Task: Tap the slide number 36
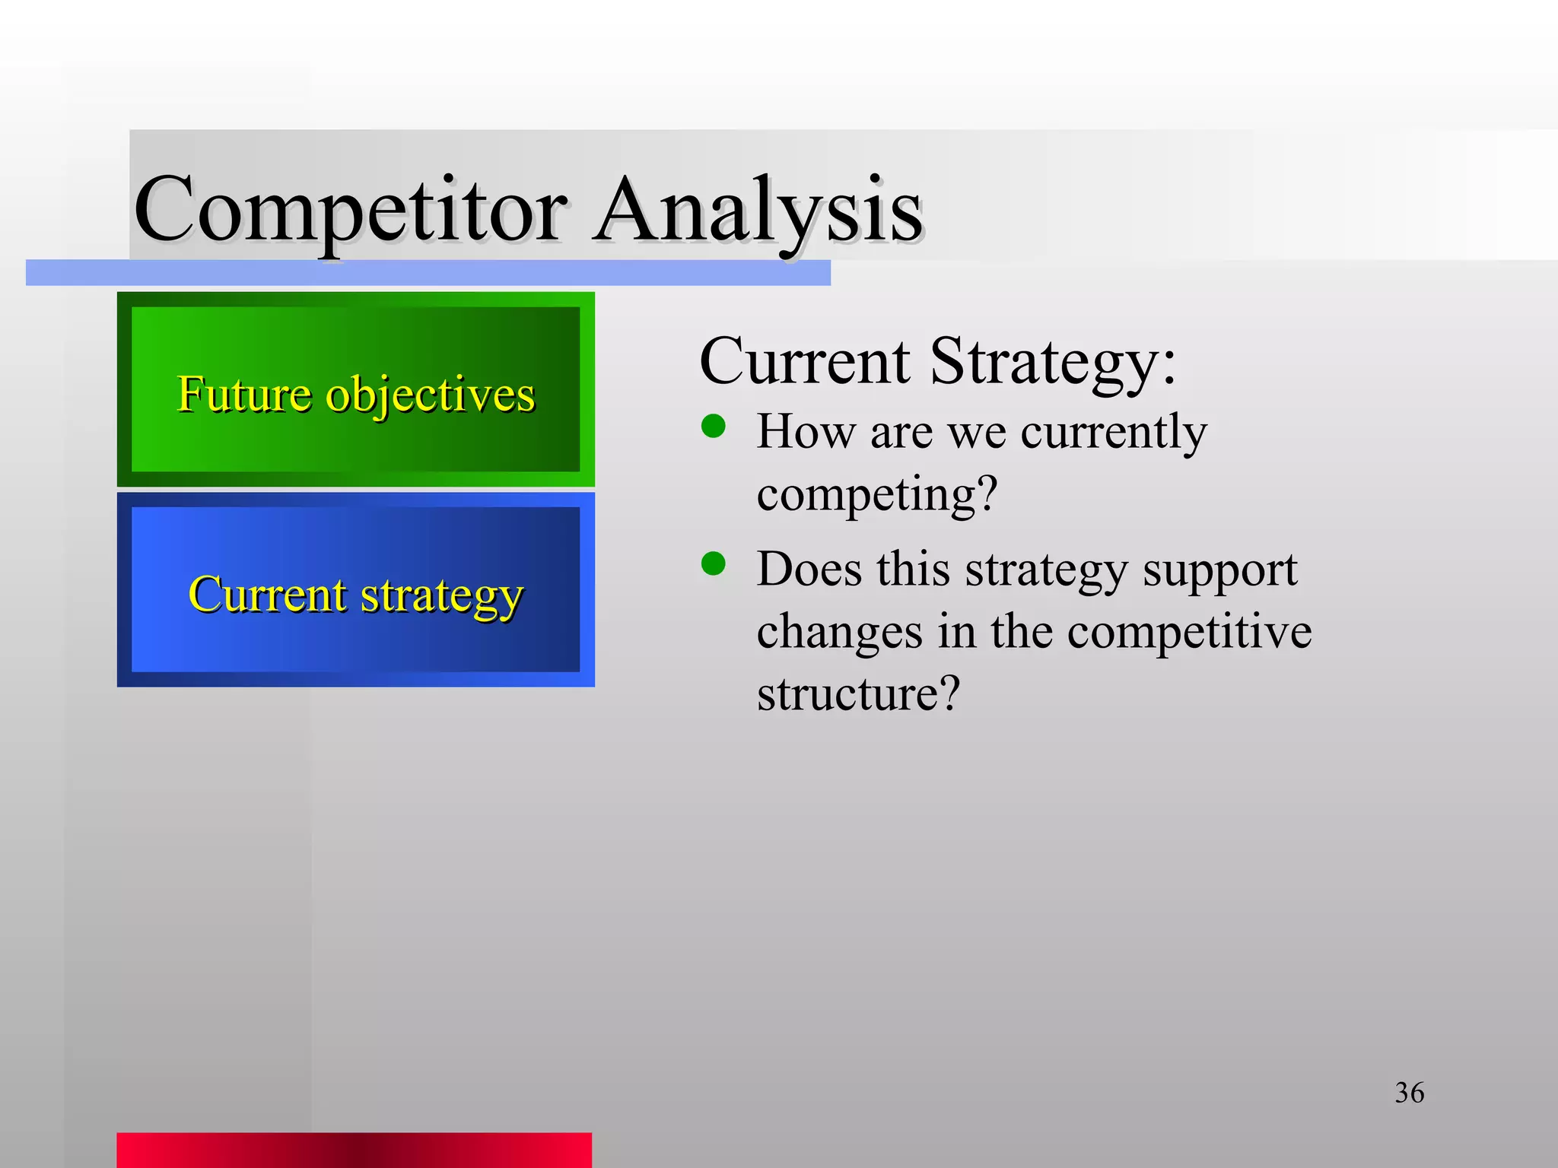pyautogui.click(x=1409, y=1093)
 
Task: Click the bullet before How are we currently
pyautogui.click(x=713, y=426)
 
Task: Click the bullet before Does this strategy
pyautogui.click(x=713, y=563)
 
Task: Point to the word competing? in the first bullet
pyautogui.click(x=876, y=494)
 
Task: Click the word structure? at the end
pyautogui.click(x=858, y=693)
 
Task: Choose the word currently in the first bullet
pyautogui.click(x=1113, y=432)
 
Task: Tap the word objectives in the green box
pyautogui.click(x=430, y=395)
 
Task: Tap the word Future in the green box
pyautogui.click(x=244, y=395)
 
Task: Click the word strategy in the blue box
pyautogui.click(x=441, y=595)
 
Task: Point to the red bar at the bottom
pyautogui.click(x=354, y=1150)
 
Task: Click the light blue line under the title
pyautogui.click(x=428, y=273)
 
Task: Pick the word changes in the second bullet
pyautogui.click(x=839, y=631)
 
